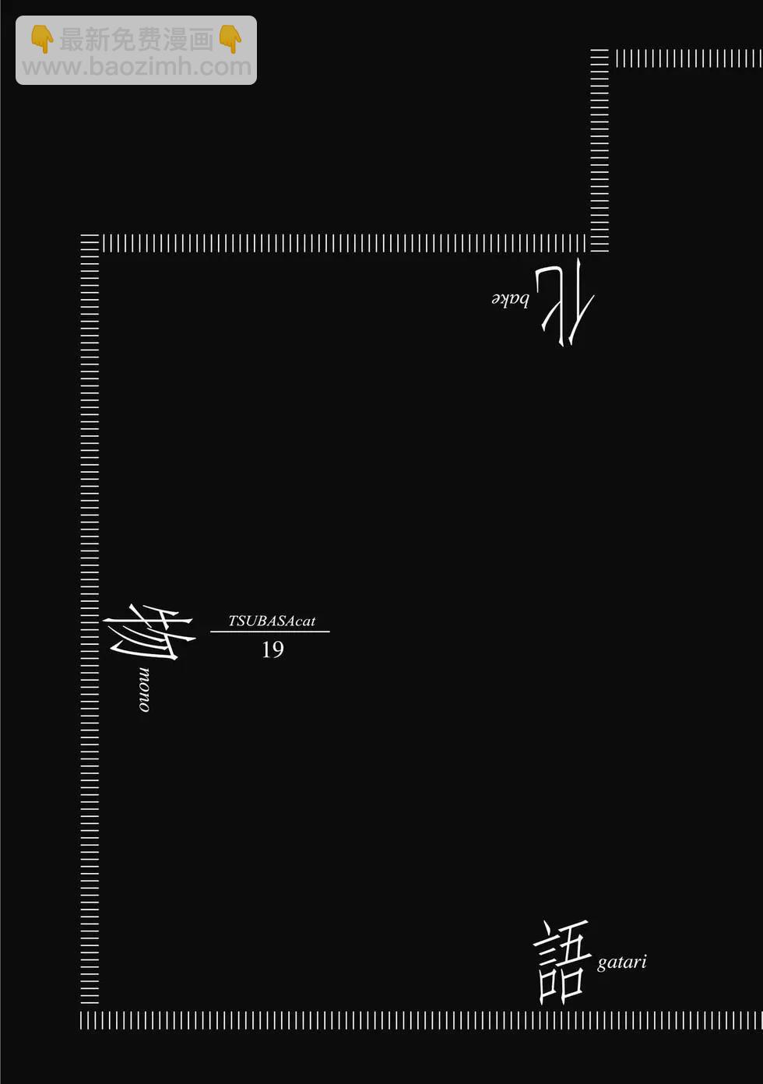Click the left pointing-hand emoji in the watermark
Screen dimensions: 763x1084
click(42, 39)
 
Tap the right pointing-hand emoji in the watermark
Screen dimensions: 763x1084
click(230, 39)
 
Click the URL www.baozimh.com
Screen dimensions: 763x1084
click(136, 67)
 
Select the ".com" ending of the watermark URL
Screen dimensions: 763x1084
click(222, 67)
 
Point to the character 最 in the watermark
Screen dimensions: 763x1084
click(72, 40)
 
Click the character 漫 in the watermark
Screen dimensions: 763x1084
click(175, 40)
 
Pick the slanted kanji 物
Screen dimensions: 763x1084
click(149, 632)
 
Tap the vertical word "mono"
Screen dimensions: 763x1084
click(144, 689)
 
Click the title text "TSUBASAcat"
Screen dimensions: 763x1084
click(272, 621)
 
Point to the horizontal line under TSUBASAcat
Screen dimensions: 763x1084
click(270, 632)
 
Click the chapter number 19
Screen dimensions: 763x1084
click(272, 649)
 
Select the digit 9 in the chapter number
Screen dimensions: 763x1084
click(278, 649)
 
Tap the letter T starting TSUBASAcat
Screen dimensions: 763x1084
click(233, 621)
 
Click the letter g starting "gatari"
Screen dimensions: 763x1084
click(601, 964)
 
